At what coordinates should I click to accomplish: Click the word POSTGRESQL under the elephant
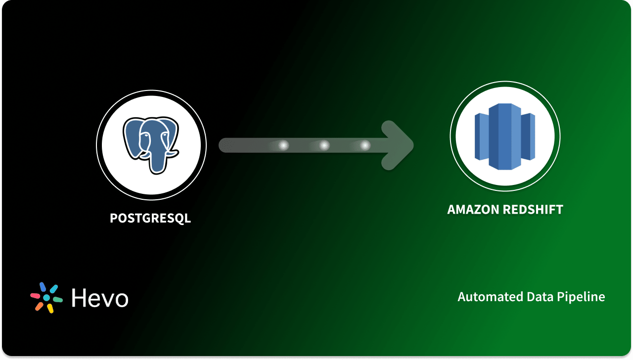click(x=150, y=218)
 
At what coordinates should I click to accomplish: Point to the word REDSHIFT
click(x=533, y=210)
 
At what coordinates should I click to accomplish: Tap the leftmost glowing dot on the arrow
click(x=283, y=145)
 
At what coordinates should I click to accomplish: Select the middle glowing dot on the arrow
click(x=324, y=145)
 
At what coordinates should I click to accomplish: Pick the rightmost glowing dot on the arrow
click(x=365, y=145)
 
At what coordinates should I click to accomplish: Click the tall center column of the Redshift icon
click(x=505, y=136)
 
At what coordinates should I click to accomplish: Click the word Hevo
click(x=100, y=298)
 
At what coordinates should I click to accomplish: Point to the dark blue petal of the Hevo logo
click(x=43, y=287)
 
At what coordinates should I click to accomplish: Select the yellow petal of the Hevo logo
click(x=50, y=309)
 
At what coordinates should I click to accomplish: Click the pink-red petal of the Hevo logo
click(x=35, y=295)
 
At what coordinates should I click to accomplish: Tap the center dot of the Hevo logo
click(x=46, y=298)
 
